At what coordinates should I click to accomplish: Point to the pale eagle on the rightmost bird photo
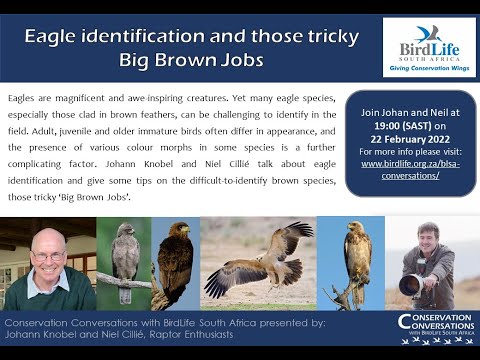pyautogui.click(x=357, y=255)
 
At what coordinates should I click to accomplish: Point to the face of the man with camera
pyautogui.click(x=429, y=240)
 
